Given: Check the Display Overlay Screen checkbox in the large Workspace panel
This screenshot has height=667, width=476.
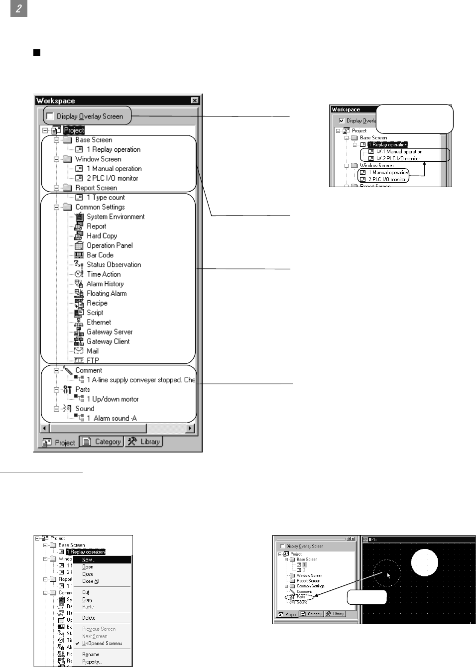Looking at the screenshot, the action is click(50, 116).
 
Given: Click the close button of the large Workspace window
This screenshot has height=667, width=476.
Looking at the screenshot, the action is click(195, 101).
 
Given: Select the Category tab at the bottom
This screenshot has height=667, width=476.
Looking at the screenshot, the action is click(102, 442).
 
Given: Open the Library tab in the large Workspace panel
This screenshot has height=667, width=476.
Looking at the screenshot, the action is click(144, 442).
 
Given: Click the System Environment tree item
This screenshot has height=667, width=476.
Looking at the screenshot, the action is click(115, 217).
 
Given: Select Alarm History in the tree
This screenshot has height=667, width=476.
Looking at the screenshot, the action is click(105, 284).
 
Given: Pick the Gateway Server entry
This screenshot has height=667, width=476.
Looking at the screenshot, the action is click(109, 332).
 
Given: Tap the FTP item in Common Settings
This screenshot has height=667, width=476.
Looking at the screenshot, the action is click(93, 360).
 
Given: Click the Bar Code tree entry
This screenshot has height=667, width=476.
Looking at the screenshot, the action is click(100, 255).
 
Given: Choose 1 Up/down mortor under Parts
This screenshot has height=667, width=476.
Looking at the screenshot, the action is click(112, 399).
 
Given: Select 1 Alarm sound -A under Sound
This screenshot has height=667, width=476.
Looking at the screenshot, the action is click(111, 418).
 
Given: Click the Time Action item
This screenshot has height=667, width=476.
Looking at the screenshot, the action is click(103, 274).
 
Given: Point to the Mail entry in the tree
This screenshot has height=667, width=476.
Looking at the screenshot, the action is click(92, 351).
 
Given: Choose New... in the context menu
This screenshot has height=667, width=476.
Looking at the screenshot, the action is click(88, 560).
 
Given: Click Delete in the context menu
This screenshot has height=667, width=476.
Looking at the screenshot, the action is click(89, 618).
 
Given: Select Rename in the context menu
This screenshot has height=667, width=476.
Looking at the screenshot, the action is click(91, 655).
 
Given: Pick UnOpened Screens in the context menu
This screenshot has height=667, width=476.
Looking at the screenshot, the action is click(102, 643).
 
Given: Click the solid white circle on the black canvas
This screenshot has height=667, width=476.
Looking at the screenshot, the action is click(424, 562).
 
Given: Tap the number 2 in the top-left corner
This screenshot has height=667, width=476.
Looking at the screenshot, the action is click(18, 8).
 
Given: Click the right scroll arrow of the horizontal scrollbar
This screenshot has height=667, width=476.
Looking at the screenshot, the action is click(190, 428).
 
